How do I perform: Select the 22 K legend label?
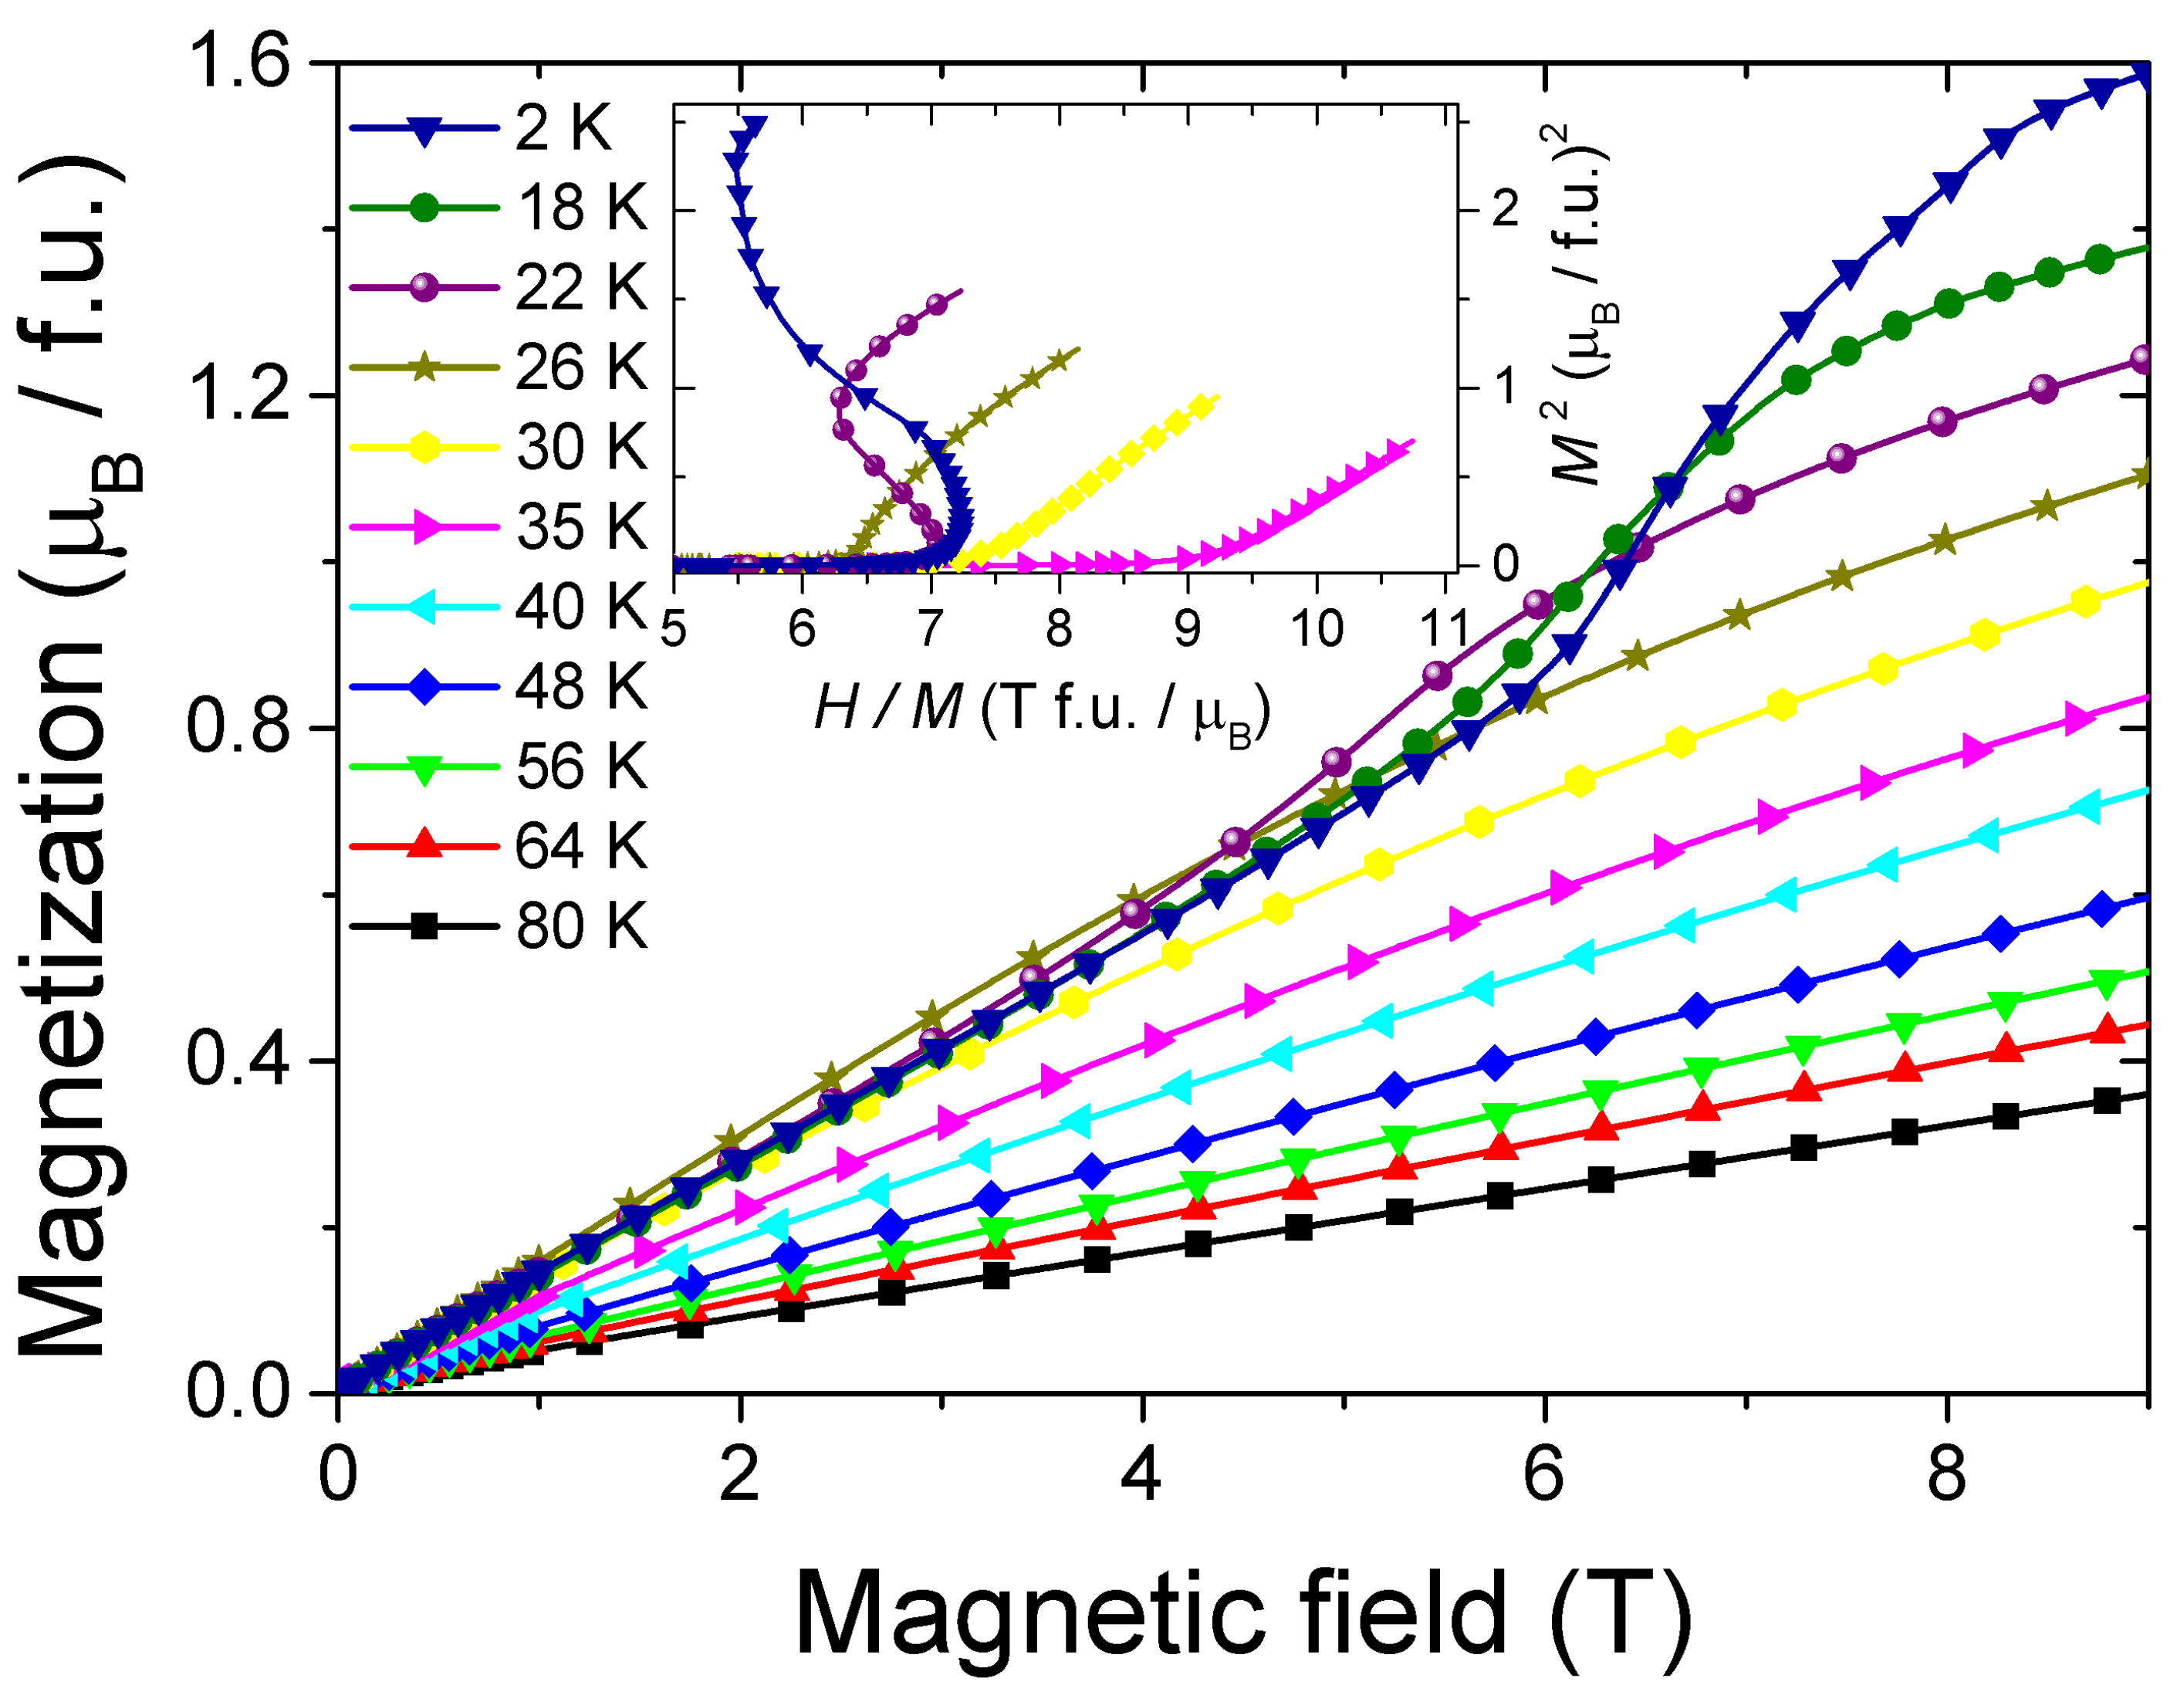(x=580, y=288)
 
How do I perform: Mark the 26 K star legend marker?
(x=424, y=368)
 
